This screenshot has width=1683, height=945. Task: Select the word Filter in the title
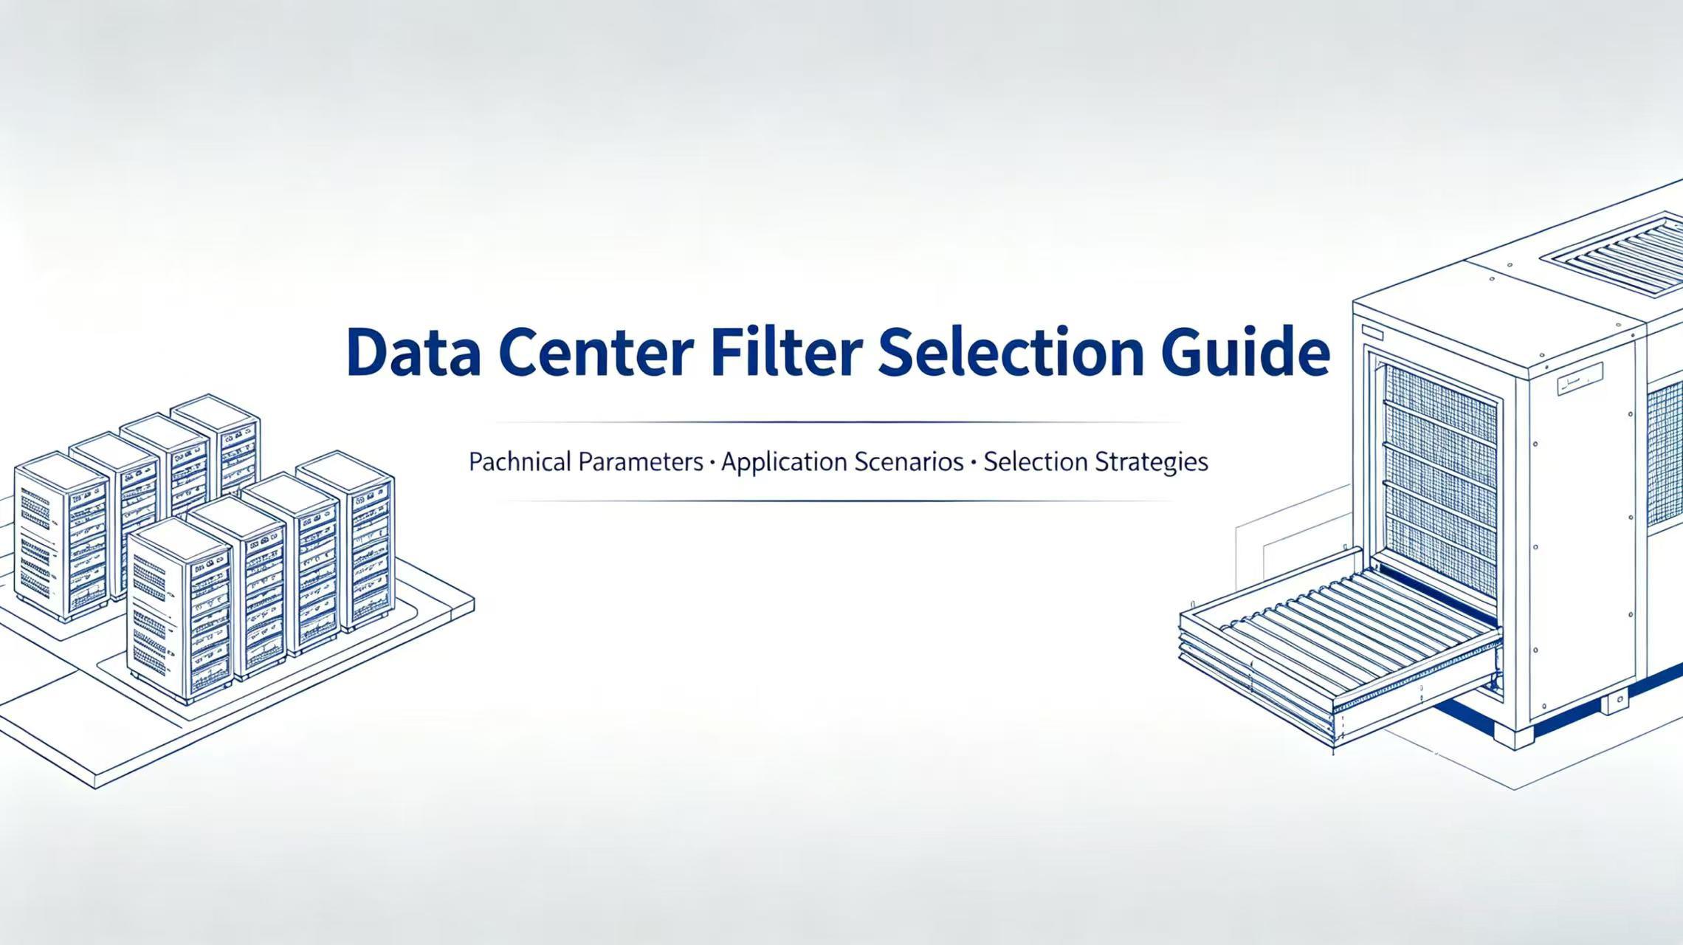click(787, 352)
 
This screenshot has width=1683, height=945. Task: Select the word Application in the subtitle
click(784, 462)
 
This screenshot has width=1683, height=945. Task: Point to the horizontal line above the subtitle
click(838, 422)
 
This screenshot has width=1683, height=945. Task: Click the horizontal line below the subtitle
click(838, 501)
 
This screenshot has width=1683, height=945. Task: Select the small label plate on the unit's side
click(1580, 382)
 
